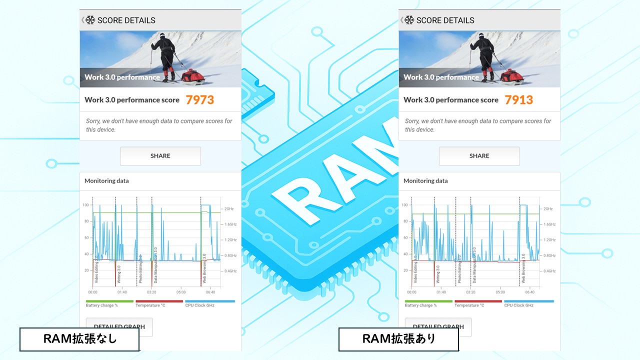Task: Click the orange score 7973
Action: coord(199,100)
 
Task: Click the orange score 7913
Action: coord(518,100)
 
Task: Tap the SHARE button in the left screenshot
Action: coord(160,156)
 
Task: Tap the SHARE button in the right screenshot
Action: coord(479,156)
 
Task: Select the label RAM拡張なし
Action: coord(79,339)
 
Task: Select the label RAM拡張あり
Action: coord(398,339)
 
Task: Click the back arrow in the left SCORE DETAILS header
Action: coord(83,20)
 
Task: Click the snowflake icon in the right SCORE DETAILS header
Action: coord(409,20)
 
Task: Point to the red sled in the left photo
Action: coord(192,76)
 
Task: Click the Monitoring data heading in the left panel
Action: coord(106,181)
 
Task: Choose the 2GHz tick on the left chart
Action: coord(229,209)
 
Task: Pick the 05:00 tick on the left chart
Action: coord(181,292)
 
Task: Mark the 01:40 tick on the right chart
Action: coord(441,292)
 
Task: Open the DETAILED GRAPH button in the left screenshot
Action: coord(119,327)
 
